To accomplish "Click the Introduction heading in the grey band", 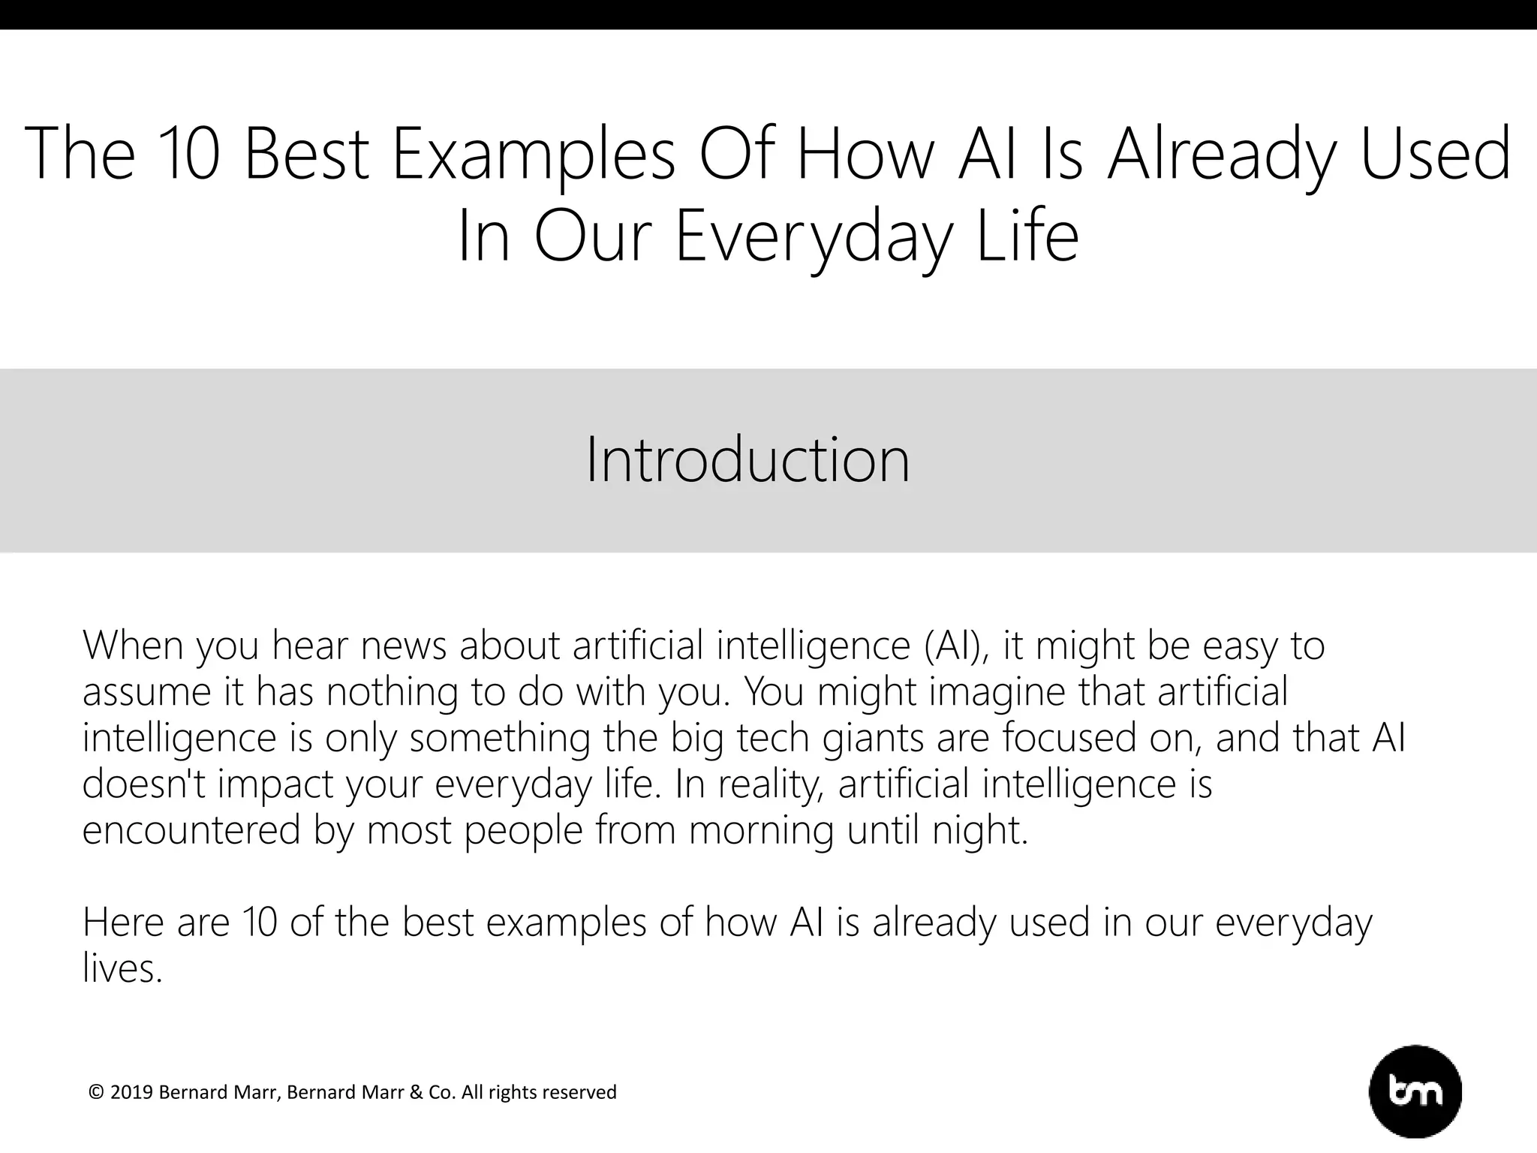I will (747, 459).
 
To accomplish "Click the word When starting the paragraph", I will (133, 646).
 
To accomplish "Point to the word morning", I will (761, 830).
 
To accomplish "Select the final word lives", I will (122, 968).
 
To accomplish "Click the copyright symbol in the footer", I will (96, 1092).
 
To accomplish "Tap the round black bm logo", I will (1415, 1091).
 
